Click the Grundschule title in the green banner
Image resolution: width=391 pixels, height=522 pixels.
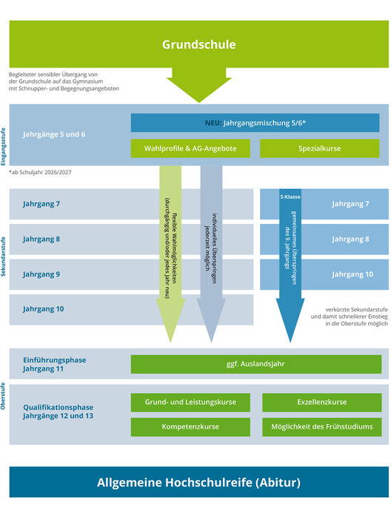coord(198,44)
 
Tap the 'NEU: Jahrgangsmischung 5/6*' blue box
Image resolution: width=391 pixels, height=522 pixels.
coord(255,123)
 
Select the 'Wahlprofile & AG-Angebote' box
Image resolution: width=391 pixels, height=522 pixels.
coord(190,148)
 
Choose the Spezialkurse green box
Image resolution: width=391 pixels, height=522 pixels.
coord(319,148)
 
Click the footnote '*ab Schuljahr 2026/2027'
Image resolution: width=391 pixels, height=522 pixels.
coord(40,173)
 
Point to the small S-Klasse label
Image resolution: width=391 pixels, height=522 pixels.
coord(290,196)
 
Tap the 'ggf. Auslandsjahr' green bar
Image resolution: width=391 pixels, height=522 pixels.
coord(256,364)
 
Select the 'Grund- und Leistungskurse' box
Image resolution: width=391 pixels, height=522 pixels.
coord(190,403)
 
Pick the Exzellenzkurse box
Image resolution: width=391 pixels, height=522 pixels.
coord(322,403)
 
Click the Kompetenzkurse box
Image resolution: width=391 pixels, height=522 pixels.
coord(190,427)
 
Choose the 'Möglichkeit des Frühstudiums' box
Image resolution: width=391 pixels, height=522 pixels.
coord(322,427)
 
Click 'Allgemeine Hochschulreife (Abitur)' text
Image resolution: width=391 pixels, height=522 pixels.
coord(198,483)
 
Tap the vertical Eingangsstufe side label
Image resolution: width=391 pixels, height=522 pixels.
coord(3,147)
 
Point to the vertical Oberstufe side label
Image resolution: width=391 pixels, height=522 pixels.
coord(3,396)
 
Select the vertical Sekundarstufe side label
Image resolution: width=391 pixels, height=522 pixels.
coord(3,257)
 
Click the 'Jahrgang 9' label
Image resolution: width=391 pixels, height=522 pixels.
coord(41,274)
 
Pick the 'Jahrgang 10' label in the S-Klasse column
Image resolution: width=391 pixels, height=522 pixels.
coord(352,274)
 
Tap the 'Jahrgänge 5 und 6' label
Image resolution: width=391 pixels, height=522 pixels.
coord(54,134)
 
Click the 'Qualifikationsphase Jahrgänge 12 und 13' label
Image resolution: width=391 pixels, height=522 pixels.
coord(59,412)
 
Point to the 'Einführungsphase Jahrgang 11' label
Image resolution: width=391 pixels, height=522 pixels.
coord(55,365)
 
